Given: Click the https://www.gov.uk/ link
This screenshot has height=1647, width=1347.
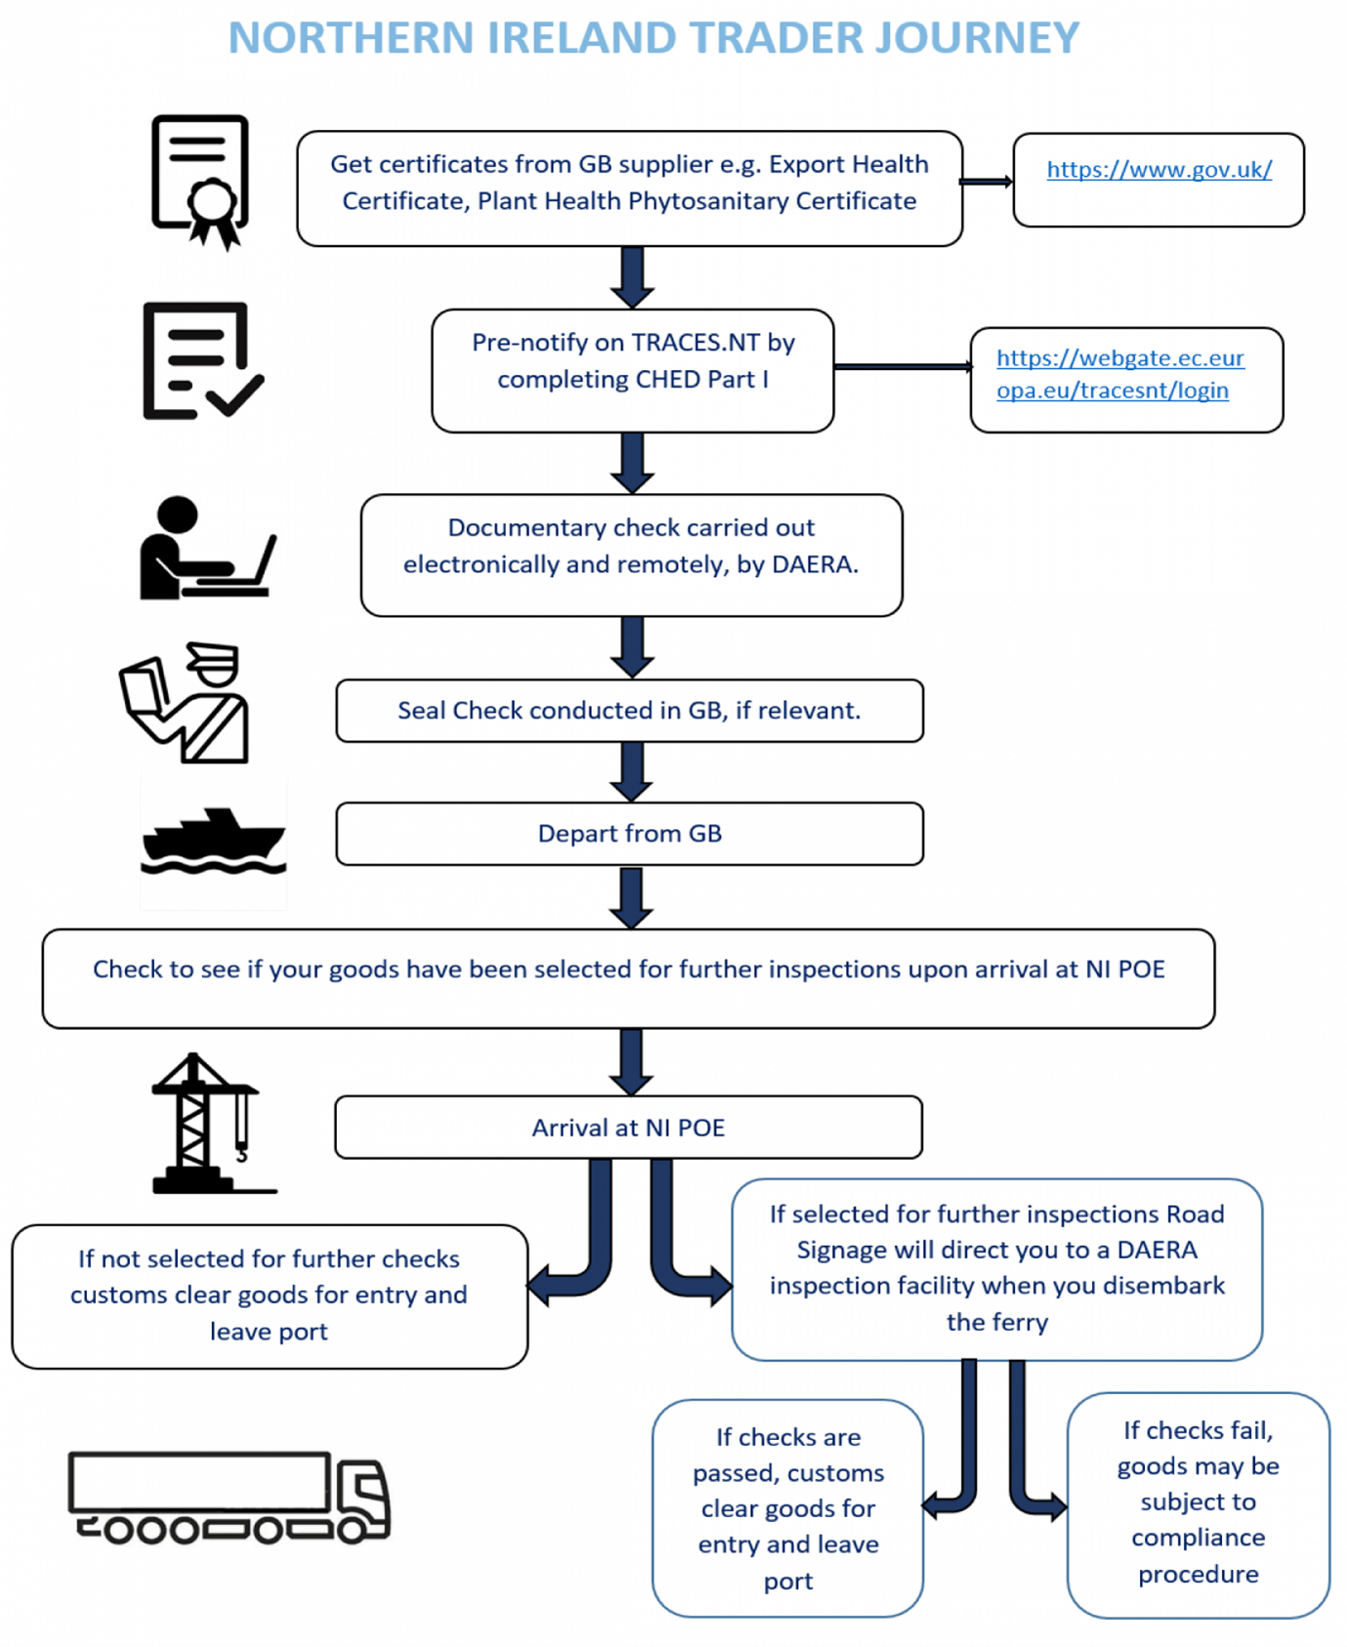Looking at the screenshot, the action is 1158,170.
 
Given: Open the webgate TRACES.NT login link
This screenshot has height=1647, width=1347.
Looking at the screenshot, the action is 1119,374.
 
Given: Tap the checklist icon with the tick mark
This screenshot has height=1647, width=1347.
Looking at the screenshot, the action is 202,361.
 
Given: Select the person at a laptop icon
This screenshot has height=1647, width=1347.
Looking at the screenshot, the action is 207,548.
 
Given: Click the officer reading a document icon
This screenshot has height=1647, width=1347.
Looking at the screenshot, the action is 185,702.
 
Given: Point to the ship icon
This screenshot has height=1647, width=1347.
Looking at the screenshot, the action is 214,841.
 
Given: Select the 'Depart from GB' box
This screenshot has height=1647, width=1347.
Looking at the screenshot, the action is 629,834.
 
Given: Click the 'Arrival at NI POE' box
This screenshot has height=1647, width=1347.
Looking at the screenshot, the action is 628,1128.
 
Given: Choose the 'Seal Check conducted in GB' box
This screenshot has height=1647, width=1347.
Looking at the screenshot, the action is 629,711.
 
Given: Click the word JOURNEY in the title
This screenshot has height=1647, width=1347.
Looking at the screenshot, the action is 977,38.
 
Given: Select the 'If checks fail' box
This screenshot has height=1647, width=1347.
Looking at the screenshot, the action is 1199,1504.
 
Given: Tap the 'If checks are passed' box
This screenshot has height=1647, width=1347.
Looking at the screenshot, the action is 788,1508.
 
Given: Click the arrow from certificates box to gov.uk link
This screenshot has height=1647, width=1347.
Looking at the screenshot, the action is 987,182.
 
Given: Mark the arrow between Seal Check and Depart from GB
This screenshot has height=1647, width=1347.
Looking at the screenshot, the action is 632,772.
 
